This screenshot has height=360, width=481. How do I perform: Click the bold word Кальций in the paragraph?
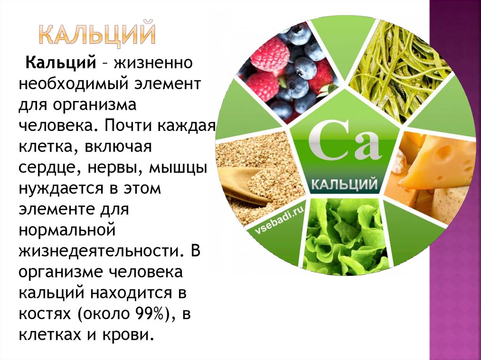[61, 63]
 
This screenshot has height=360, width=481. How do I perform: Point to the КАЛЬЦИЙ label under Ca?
[344, 185]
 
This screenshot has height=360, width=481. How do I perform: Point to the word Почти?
[129, 126]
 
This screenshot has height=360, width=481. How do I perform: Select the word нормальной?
[67, 230]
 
